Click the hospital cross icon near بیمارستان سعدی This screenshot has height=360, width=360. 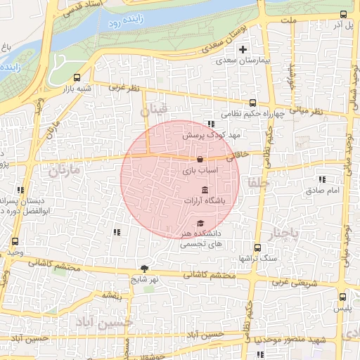[x=243, y=49]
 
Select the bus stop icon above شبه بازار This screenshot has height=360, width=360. [x=76, y=78]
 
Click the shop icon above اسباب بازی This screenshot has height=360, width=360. [x=201, y=159]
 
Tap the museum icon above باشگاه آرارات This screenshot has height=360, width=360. [x=205, y=191]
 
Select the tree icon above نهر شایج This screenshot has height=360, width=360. [x=145, y=268]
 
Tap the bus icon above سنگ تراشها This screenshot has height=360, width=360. [x=258, y=247]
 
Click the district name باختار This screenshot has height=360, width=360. [x=285, y=233]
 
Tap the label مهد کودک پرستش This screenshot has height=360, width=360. [x=203, y=134]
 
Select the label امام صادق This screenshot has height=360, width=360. [x=324, y=191]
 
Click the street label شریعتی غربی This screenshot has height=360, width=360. [x=285, y=283]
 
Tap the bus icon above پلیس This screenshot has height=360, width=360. [x=342, y=297]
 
